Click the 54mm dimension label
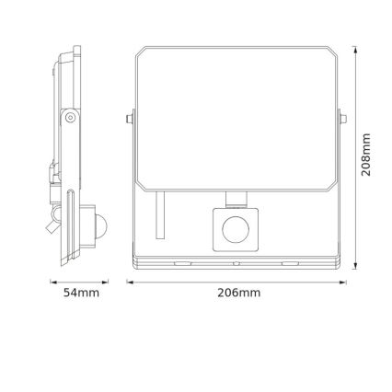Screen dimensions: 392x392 [x=81, y=293]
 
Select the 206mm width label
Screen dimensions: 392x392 [x=238, y=293]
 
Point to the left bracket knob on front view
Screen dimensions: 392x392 [x=132, y=119]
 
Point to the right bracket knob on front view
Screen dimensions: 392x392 [x=340, y=119]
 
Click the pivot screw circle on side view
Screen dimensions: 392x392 [x=70, y=118]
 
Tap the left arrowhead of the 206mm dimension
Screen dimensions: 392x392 [x=129, y=282]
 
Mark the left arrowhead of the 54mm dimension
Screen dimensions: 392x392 [x=52, y=282]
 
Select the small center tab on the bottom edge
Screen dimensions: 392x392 [x=236, y=263]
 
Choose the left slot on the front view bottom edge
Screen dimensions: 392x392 [x=180, y=263]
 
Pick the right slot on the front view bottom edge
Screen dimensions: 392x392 [x=291, y=263]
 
